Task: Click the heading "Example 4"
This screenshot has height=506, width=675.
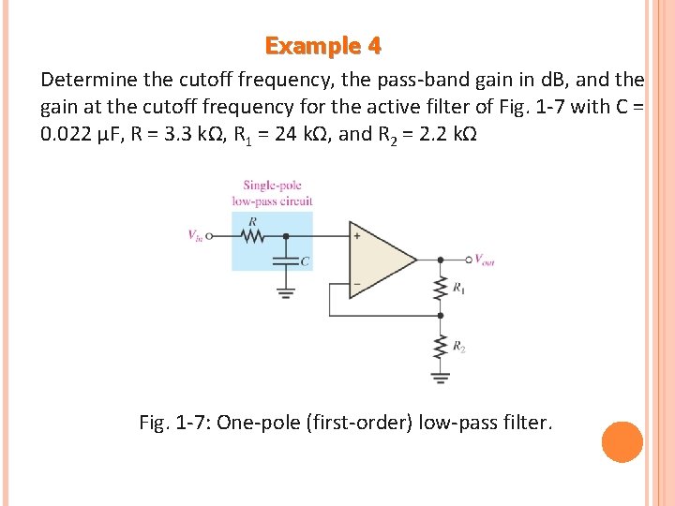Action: click(322, 45)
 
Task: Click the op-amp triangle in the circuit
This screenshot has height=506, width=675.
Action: click(380, 260)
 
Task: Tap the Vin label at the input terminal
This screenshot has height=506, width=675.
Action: click(195, 236)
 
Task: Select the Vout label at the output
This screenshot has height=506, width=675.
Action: click(484, 260)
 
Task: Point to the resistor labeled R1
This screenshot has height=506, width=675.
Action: click(441, 289)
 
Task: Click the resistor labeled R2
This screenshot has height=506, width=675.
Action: click(441, 347)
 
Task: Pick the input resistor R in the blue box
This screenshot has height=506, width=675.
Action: click(253, 236)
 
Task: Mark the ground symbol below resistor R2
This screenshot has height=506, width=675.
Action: click(441, 379)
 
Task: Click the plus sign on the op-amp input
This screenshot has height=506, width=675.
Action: click(357, 236)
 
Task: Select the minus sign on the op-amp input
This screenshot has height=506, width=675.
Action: click(357, 283)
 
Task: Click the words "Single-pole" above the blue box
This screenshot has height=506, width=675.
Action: click(272, 185)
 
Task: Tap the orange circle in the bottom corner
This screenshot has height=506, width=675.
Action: click(622, 442)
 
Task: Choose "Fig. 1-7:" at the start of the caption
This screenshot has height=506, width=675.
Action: click(174, 423)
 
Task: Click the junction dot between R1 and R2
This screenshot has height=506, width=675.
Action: click(441, 316)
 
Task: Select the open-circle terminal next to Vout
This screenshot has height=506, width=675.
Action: click(468, 259)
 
